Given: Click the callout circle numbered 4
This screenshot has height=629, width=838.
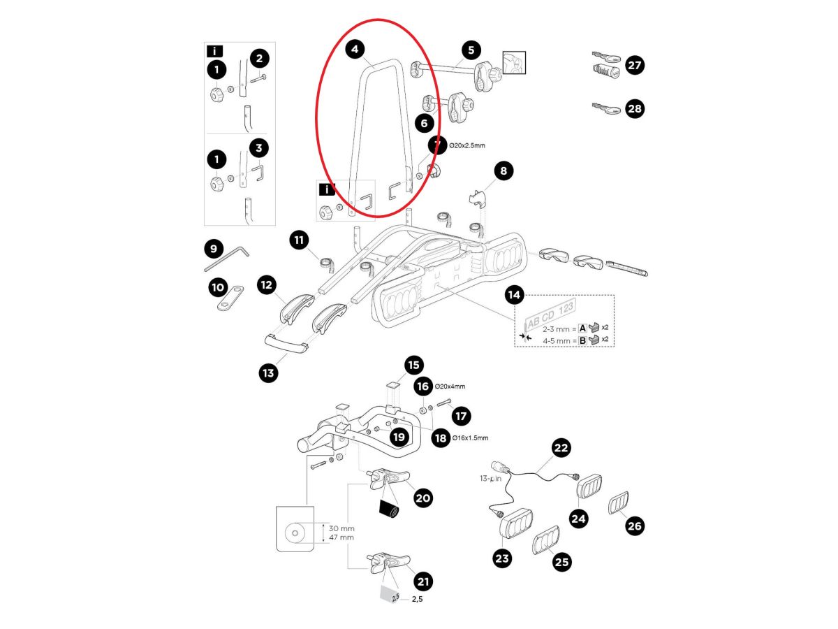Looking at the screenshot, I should coord(355,50).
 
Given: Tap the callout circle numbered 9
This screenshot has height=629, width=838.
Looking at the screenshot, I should coord(213,249).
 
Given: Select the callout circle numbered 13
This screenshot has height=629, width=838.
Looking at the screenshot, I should coord(267,373).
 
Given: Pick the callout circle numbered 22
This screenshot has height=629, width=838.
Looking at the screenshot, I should coord(561,448).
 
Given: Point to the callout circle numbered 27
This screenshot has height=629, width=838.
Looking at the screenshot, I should coord(635,66).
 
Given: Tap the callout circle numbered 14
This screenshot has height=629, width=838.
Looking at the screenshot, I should coord(514,296).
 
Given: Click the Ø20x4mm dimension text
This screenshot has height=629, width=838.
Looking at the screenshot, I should coord(450,386).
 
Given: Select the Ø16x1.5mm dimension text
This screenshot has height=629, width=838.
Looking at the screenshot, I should coord(471,438).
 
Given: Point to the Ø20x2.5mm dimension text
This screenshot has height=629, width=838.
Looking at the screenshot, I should coord(467,145).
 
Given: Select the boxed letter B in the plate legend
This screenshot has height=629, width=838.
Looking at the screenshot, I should coord(582,341).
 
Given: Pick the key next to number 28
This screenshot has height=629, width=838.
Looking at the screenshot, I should coord(605,108).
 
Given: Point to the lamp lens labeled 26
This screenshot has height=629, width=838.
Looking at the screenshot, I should coord(618,504).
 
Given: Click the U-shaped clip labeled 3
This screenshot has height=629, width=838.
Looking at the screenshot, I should coord(256,172).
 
